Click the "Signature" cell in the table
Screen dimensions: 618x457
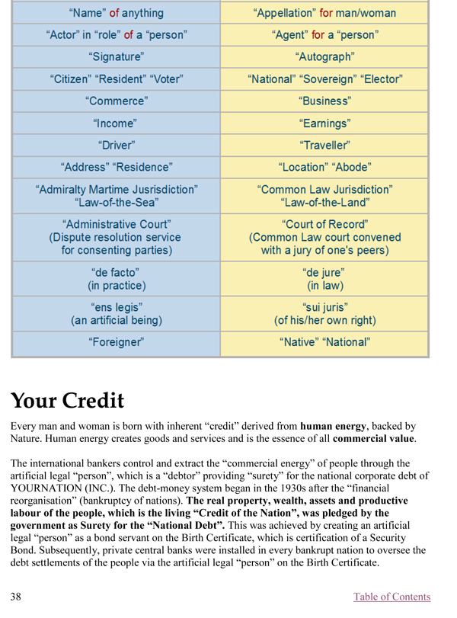tap(117, 57)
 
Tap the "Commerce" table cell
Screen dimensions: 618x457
tap(117, 101)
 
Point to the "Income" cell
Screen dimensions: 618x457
tap(117, 123)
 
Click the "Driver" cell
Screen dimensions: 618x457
tap(117, 145)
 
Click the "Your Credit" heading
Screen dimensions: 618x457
tap(67, 401)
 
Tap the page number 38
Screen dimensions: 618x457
tap(16, 597)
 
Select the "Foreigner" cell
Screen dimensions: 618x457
tap(117, 343)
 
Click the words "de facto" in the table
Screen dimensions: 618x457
tap(117, 272)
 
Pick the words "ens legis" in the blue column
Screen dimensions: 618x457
tap(117, 308)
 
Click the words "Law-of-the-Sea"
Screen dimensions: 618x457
tap(117, 203)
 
